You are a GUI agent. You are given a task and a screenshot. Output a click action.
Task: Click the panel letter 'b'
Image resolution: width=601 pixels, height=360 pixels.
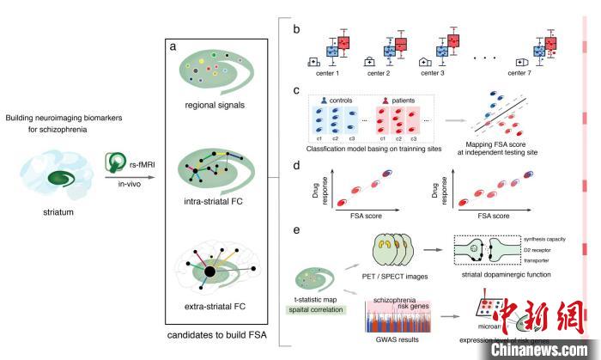click(x=295, y=29)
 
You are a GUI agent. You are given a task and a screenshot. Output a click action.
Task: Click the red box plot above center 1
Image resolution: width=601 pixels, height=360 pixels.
click(x=343, y=43)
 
